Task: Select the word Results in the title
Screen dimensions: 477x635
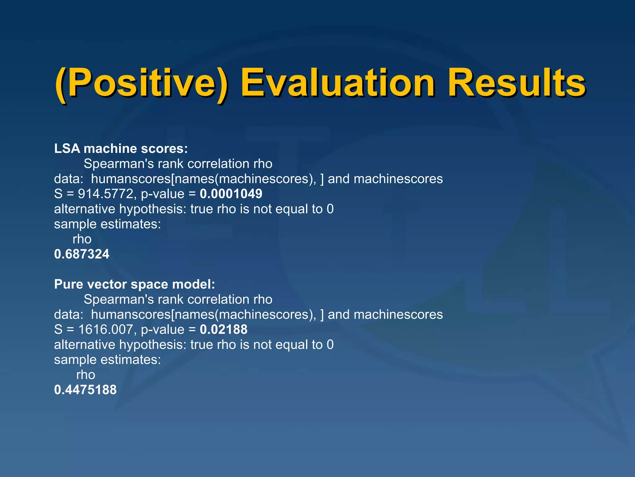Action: point(516,83)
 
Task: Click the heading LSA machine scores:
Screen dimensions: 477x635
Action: point(121,148)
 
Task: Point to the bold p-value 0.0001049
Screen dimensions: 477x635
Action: point(231,194)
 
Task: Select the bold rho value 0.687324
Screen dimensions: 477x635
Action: point(82,254)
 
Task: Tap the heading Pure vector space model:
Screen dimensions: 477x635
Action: point(134,284)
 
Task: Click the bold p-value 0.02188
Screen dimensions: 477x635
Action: point(224,329)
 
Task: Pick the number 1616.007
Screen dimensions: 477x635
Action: point(105,329)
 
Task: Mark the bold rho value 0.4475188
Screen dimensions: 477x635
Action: point(85,390)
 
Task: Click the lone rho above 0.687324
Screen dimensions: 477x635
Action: point(82,239)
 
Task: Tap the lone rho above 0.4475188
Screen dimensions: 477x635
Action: point(86,375)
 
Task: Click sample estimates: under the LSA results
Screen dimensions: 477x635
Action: point(107,224)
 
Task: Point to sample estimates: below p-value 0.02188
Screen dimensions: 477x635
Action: point(107,360)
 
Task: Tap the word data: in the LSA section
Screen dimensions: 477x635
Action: point(69,179)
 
